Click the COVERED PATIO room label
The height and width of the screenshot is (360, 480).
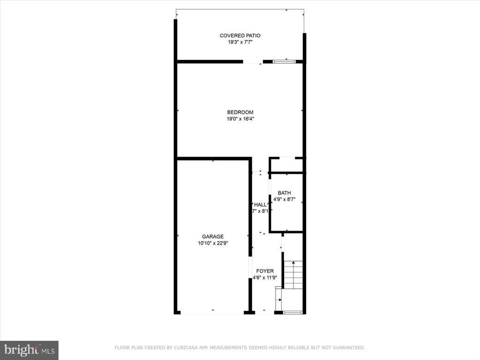click(240, 36)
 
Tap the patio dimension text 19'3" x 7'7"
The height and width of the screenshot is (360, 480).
click(240, 42)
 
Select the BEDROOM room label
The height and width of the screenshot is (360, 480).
click(240, 112)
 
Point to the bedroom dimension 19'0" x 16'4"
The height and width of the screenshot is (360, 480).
click(240, 119)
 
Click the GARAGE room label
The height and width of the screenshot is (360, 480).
click(213, 237)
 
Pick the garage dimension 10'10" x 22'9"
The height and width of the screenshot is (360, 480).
click(213, 243)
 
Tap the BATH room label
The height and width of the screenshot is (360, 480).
click(284, 193)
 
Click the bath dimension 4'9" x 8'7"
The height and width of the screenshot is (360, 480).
click(284, 199)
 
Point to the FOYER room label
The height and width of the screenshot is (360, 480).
click(264, 271)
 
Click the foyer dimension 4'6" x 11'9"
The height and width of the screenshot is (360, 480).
click(265, 277)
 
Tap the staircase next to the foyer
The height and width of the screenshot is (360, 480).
click(293, 275)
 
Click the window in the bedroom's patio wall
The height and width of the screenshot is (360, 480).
click(284, 61)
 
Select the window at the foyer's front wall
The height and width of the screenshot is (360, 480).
click(292, 312)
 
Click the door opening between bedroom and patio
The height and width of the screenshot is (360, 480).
click(253, 61)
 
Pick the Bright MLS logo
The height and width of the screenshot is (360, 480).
click(29, 350)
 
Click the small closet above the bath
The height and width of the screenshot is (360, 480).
click(286, 165)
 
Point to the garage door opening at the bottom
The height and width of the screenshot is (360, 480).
click(212, 313)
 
